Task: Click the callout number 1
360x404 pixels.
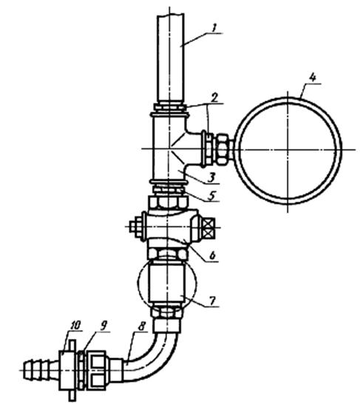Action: (214, 28)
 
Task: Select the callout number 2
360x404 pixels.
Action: (214, 97)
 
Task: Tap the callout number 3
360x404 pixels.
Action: (211, 177)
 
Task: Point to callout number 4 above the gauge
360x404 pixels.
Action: (312, 78)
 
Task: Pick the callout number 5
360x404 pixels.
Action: (211, 196)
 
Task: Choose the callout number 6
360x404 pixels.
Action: (212, 255)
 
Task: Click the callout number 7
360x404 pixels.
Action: (212, 300)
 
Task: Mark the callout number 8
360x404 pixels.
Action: (141, 326)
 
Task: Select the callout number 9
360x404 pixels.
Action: (103, 326)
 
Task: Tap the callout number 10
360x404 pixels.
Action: (76, 325)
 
